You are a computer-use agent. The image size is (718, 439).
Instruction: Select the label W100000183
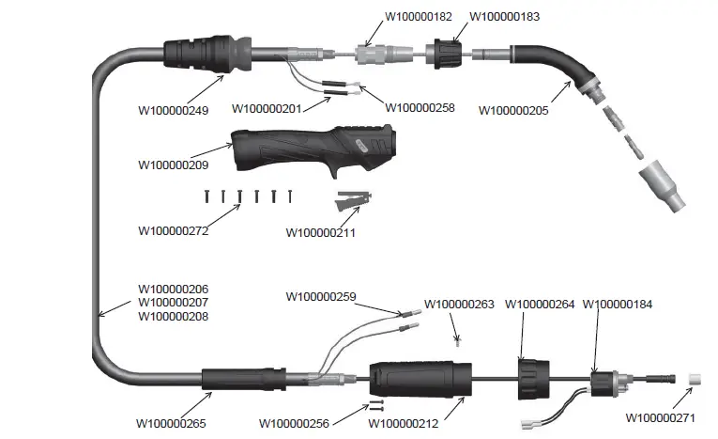coord(504,17)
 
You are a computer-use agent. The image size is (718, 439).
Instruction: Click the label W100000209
coord(173,165)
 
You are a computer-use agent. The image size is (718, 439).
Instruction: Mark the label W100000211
coord(320,232)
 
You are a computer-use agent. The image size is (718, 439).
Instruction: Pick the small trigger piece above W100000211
coord(353,200)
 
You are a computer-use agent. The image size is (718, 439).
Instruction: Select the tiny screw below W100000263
coord(457,337)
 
